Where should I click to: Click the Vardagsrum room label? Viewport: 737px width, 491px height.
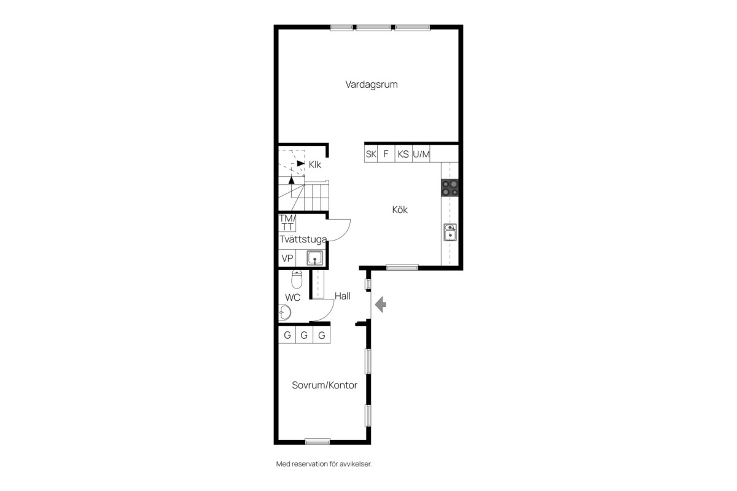372,85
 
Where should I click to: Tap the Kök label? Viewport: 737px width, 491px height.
400,209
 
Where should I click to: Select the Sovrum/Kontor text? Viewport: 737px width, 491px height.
324,385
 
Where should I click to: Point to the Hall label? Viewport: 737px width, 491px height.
343,296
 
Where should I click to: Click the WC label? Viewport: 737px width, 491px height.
292,298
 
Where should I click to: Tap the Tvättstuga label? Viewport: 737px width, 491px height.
303,239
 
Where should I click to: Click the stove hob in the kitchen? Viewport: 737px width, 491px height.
450,188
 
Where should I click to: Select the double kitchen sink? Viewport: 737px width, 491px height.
450,232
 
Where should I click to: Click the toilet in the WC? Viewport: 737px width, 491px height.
297,279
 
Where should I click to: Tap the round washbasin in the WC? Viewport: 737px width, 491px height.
284,312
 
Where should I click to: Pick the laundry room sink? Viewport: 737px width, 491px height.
315,258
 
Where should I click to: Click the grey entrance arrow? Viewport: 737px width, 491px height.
380,304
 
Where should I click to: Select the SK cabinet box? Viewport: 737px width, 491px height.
371,154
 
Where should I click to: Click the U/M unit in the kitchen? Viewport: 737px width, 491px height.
421,154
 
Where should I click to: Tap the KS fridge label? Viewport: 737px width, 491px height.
403,154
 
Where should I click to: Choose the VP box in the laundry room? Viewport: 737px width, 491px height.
287,258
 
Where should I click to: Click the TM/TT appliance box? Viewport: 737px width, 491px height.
287,223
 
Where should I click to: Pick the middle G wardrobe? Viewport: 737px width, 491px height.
304,334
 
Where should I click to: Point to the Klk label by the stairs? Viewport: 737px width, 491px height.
315,164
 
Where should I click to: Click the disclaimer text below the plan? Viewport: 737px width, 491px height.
324,464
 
